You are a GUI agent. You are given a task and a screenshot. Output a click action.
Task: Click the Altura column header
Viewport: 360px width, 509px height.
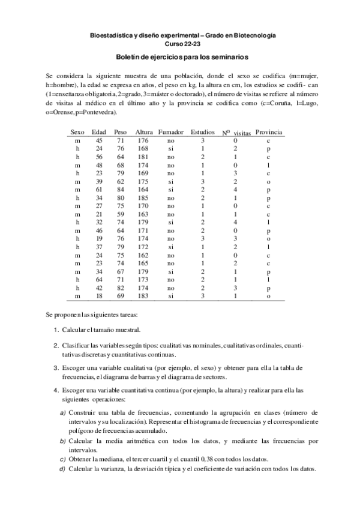click(x=144, y=131)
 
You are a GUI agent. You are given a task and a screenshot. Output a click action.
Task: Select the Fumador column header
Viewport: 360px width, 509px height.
click(x=171, y=131)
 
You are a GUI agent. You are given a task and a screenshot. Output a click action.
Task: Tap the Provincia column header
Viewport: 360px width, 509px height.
click(x=269, y=131)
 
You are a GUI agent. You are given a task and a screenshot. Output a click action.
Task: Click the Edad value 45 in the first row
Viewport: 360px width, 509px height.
click(x=99, y=140)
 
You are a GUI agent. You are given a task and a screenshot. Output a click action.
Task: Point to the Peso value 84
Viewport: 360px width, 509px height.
click(x=121, y=189)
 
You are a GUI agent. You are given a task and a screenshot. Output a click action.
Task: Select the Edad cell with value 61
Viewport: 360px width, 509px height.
click(x=99, y=189)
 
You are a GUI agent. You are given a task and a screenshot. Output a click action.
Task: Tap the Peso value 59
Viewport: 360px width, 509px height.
click(x=121, y=214)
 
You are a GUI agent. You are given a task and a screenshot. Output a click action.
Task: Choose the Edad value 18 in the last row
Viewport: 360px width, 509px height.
click(x=99, y=296)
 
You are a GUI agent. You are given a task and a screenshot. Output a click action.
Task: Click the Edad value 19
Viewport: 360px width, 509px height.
click(x=99, y=238)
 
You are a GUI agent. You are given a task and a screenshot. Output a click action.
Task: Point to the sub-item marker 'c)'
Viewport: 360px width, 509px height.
click(x=63, y=459)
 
